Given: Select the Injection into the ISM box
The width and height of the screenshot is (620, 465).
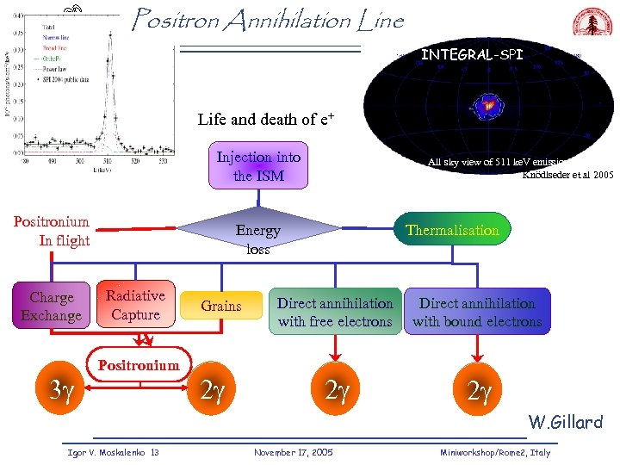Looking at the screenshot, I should tap(258, 166).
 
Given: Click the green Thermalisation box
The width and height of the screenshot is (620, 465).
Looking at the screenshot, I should tap(452, 230).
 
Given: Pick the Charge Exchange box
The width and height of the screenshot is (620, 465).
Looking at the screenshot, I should tap(52, 307).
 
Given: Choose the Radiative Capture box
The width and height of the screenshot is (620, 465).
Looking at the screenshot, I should tap(135, 306).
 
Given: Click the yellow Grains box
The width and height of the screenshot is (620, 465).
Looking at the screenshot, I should tap(221, 306).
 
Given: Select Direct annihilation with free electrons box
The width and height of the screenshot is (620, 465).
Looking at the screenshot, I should tap(335, 312).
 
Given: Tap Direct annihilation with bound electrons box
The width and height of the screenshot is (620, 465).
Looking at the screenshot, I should tap(477, 312).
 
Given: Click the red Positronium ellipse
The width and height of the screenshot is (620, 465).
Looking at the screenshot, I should tap(139, 365).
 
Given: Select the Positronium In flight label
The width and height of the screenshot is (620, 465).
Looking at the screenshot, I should tap(52, 231).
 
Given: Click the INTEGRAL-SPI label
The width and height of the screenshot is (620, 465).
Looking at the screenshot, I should tap(471, 55).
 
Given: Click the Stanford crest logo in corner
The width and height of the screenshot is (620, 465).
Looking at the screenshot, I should tap(592, 25).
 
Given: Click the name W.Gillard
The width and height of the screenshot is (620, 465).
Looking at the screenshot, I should tap(565, 422).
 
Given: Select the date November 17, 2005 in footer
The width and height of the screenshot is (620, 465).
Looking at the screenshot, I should tap(294, 452).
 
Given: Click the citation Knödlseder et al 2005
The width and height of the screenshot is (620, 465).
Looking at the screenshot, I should tap(567, 175).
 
